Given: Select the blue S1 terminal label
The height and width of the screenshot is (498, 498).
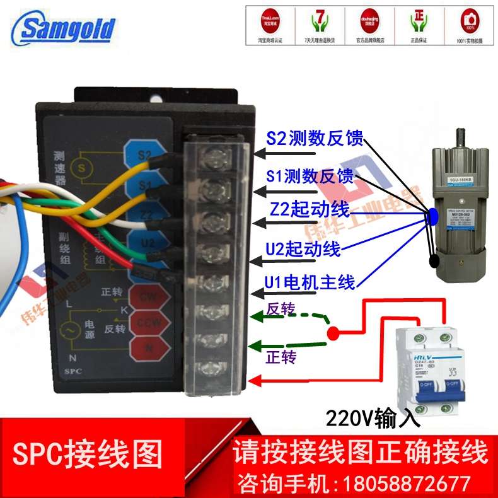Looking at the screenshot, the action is [144, 185].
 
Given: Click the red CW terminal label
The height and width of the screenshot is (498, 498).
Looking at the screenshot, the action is [147, 296].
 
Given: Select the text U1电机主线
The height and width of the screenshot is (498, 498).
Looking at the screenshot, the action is [311, 281].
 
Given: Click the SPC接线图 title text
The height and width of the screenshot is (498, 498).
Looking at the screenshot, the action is [88, 453].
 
